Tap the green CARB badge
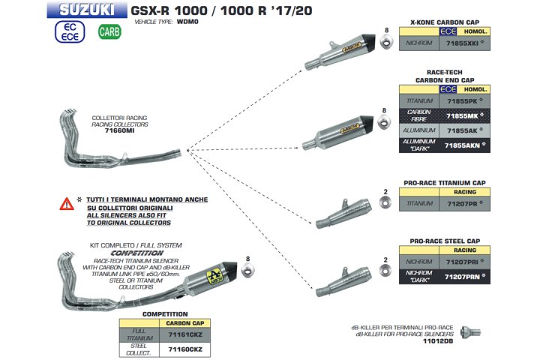[x=109, y=33]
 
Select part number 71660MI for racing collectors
[x=118, y=130]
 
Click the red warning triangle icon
[x=67, y=203]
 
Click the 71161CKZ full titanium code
[x=182, y=335]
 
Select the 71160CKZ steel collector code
[x=182, y=349]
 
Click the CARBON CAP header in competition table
[x=182, y=323]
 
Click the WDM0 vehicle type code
[x=184, y=23]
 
